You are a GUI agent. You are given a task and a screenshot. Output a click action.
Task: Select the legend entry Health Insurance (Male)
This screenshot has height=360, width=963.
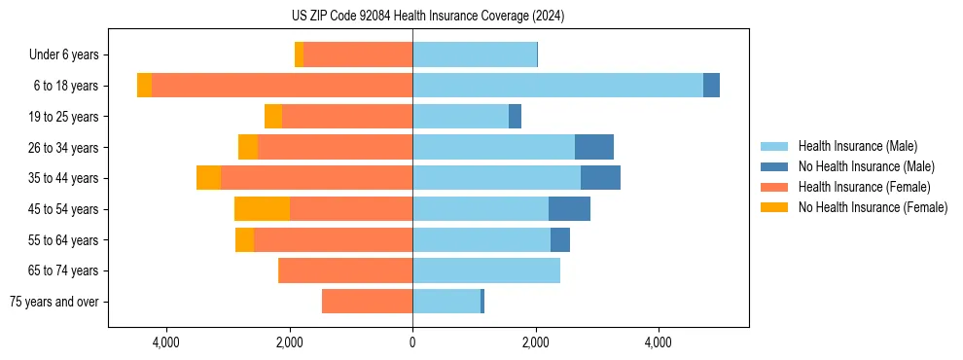(857, 146)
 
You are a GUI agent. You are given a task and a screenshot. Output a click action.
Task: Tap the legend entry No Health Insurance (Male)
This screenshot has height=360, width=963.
(866, 166)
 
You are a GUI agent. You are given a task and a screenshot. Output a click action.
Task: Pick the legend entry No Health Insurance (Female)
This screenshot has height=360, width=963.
(873, 207)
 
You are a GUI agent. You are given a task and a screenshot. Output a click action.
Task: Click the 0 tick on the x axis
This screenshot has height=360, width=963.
(412, 342)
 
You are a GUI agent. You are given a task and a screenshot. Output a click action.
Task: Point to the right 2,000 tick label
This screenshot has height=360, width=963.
(536, 342)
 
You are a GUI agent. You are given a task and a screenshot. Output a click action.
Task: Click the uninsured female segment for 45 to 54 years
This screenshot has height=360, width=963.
(262, 209)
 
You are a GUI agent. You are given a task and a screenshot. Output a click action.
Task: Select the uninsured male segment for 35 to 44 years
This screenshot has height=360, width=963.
(600, 178)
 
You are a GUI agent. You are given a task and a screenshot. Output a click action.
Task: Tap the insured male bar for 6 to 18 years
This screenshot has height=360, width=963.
(557, 86)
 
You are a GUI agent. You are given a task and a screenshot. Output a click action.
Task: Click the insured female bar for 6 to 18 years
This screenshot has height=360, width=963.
(282, 86)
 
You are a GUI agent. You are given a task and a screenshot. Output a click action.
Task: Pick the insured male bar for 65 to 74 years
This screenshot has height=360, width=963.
(486, 270)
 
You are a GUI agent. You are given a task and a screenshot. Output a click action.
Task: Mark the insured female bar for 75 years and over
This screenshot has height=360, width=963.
(367, 302)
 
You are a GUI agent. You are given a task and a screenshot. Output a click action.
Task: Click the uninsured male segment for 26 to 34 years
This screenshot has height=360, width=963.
(594, 147)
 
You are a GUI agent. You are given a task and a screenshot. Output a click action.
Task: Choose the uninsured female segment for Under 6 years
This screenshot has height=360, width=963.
(299, 54)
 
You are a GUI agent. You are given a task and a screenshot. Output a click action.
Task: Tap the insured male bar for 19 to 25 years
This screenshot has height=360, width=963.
(460, 117)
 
